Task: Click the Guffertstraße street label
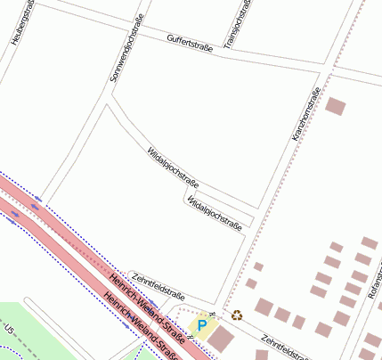click(190, 42)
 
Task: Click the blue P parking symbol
click(202, 327)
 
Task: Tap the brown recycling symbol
click(237, 314)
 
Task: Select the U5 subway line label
click(10, 330)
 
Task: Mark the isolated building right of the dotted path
click(335, 106)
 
